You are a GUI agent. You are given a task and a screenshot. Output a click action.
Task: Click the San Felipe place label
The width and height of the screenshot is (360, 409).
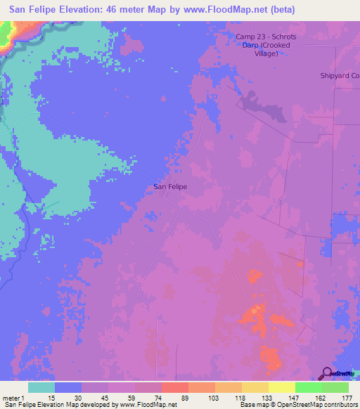click(x=170, y=187)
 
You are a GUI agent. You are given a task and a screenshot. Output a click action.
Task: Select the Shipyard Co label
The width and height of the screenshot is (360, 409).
click(x=340, y=75)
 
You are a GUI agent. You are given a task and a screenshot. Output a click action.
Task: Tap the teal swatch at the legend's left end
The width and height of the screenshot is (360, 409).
click(x=41, y=387)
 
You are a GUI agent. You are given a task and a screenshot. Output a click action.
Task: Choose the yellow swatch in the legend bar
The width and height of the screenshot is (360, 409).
click(x=281, y=387)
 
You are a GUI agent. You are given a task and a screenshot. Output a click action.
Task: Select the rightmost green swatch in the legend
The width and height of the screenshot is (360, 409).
click(x=335, y=387)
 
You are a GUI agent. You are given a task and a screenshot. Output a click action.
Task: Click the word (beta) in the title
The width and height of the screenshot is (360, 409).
click(x=282, y=9)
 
